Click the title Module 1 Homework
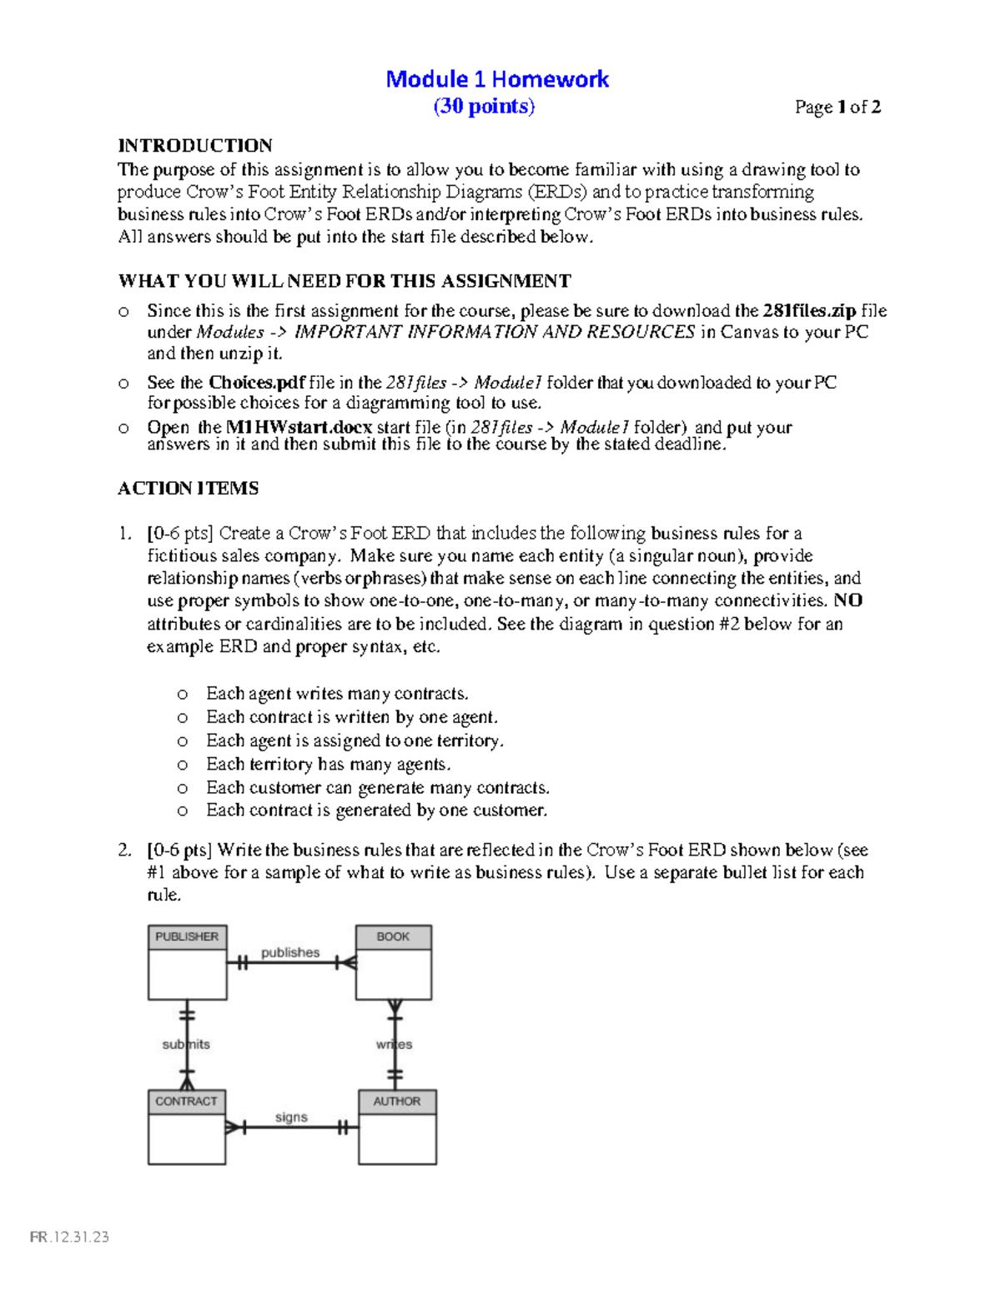[x=497, y=79]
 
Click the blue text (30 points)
[x=484, y=107]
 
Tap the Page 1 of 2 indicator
[x=838, y=107]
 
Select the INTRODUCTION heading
[x=195, y=146]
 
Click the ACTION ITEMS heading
[x=188, y=489]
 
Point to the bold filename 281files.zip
[x=809, y=311]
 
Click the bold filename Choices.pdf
[x=257, y=383]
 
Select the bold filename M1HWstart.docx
[x=299, y=427]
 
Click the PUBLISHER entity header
[x=187, y=937]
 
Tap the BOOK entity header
[x=393, y=937]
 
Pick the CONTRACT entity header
[x=186, y=1102]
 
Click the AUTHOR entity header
[x=397, y=1102]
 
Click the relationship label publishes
[x=290, y=952]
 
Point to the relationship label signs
[x=291, y=1117]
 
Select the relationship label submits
[x=185, y=1044]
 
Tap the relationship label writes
[x=394, y=1044]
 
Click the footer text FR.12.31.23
[x=70, y=1237]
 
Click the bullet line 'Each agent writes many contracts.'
[x=337, y=694]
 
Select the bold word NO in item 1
[x=848, y=601]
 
